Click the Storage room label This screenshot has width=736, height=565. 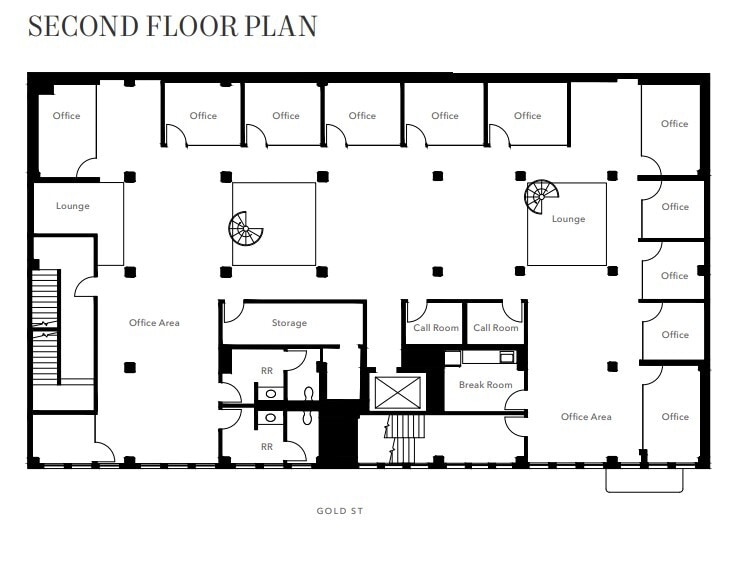[x=289, y=323]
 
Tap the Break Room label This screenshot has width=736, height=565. [x=485, y=385]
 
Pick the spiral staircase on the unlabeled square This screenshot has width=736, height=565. [x=246, y=229]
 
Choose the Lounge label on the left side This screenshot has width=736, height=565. [x=73, y=206]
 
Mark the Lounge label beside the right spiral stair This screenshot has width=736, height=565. [x=568, y=219]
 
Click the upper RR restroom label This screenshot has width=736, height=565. [x=267, y=370]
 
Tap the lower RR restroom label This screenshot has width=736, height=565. [x=267, y=446]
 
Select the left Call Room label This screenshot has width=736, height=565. [x=436, y=328]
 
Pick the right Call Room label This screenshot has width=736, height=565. [x=496, y=328]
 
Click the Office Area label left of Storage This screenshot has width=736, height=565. [x=154, y=323]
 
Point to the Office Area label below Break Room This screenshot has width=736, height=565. [x=586, y=417]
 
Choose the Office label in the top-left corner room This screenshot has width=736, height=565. [x=67, y=116]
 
